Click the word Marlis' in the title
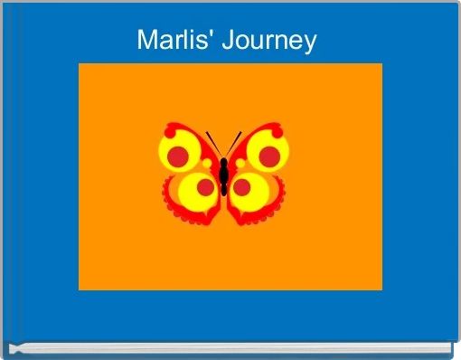pos(174,40)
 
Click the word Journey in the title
pos(269,42)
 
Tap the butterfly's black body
pos(223,176)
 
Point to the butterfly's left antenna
pos(214,144)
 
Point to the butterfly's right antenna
pos(233,144)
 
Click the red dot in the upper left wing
pos(178,156)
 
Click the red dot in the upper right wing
pos(269,156)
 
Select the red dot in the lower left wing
pos(205,187)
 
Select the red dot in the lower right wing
pos(241,187)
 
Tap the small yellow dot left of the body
pos(207,164)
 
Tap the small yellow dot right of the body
pos(240,164)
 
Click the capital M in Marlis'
pos(147,40)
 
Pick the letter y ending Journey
pos(309,44)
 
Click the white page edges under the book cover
pos(230,347)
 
